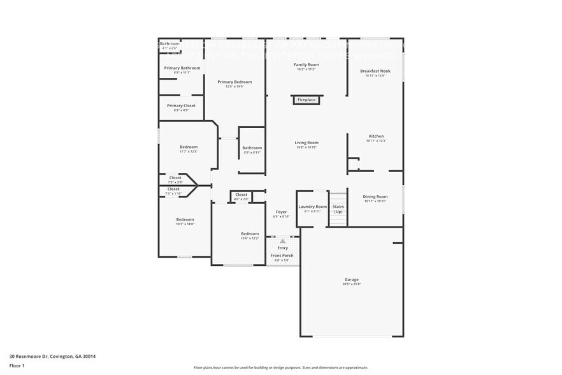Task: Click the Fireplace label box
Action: pos(306,100)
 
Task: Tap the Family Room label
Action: pos(306,65)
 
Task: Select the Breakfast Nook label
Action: pos(375,71)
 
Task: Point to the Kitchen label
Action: pos(376,136)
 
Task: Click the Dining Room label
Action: pos(375,197)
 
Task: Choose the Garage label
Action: pos(352,280)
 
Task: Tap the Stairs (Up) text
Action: pos(338,209)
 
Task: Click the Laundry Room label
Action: pos(312,207)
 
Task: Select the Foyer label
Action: pos(281,212)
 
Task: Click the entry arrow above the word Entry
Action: pos(282,241)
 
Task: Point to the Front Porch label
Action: pos(282,256)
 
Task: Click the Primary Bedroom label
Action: pos(234,82)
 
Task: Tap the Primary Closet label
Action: pos(181,106)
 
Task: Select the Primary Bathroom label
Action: pos(182,68)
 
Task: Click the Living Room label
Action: pos(306,143)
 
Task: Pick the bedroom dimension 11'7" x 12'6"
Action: pos(189,152)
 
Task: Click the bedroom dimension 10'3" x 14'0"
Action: pos(185,224)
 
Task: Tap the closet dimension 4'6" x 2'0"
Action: pos(241,200)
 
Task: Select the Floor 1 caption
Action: pos(17,365)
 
